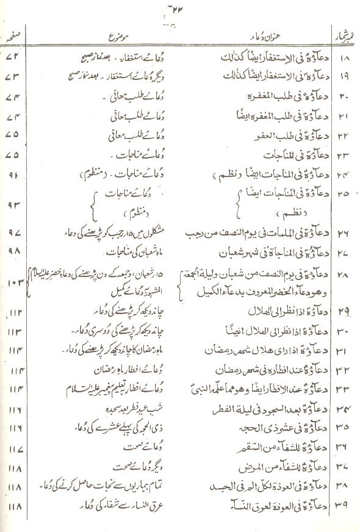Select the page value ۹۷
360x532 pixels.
pos(13,232)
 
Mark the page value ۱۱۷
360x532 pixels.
pos(13,450)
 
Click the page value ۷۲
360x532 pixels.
pos(13,60)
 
